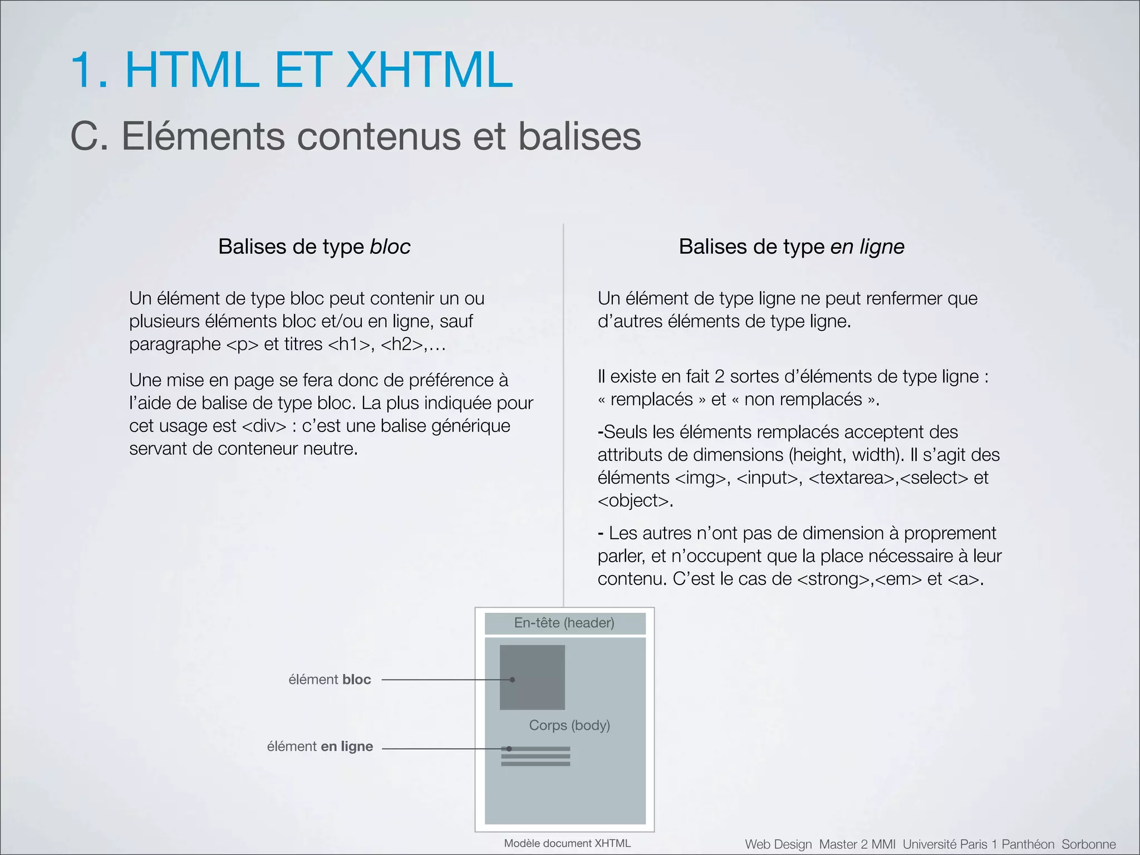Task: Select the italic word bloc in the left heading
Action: click(390, 247)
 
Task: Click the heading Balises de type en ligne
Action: click(791, 247)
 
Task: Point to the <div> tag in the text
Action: click(264, 426)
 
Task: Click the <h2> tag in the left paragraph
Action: click(402, 345)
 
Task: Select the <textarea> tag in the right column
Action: click(851, 478)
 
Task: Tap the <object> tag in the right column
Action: click(633, 501)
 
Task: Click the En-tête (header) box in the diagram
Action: click(564, 623)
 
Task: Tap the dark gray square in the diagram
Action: click(532, 677)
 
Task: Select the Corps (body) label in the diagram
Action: click(569, 725)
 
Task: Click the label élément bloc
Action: click(330, 680)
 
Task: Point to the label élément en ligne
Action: click(320, 746)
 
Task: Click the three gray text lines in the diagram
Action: click(535, 756)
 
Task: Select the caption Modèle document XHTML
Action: click(567, 843)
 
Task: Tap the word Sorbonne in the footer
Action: click(1088, 844)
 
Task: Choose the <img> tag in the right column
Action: click(701, 478)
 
